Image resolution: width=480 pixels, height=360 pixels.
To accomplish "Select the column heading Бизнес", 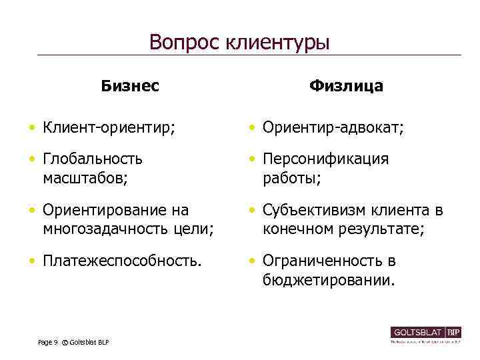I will point(130,86).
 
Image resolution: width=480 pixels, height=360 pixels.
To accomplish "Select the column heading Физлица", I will point(346,86).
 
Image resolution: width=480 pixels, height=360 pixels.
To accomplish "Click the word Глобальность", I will point(93,160).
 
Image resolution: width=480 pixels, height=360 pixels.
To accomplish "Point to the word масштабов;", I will point(85,178).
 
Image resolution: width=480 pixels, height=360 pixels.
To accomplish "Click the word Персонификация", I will point(326,160).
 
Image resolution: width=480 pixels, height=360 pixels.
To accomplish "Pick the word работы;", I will point(292,178).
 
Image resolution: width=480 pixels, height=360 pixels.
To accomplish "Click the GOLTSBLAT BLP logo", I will point(426,333).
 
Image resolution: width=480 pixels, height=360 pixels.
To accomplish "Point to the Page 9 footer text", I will point(48,342).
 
